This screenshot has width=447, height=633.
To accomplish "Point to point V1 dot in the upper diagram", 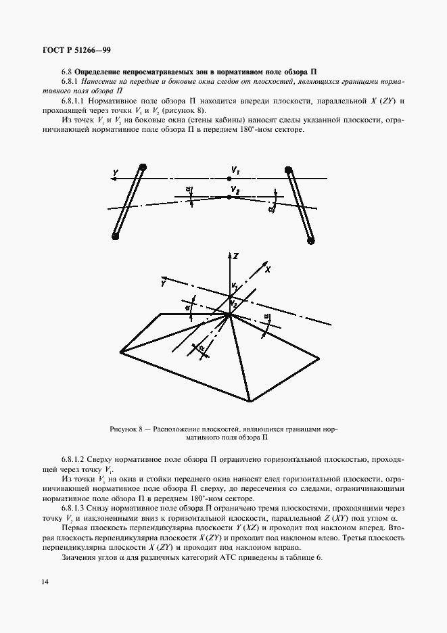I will (229, 178).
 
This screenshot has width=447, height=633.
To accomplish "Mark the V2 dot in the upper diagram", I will (230, 196).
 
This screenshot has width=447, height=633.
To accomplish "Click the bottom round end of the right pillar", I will (311, 238).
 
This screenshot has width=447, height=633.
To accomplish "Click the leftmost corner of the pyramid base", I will (120, 351).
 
